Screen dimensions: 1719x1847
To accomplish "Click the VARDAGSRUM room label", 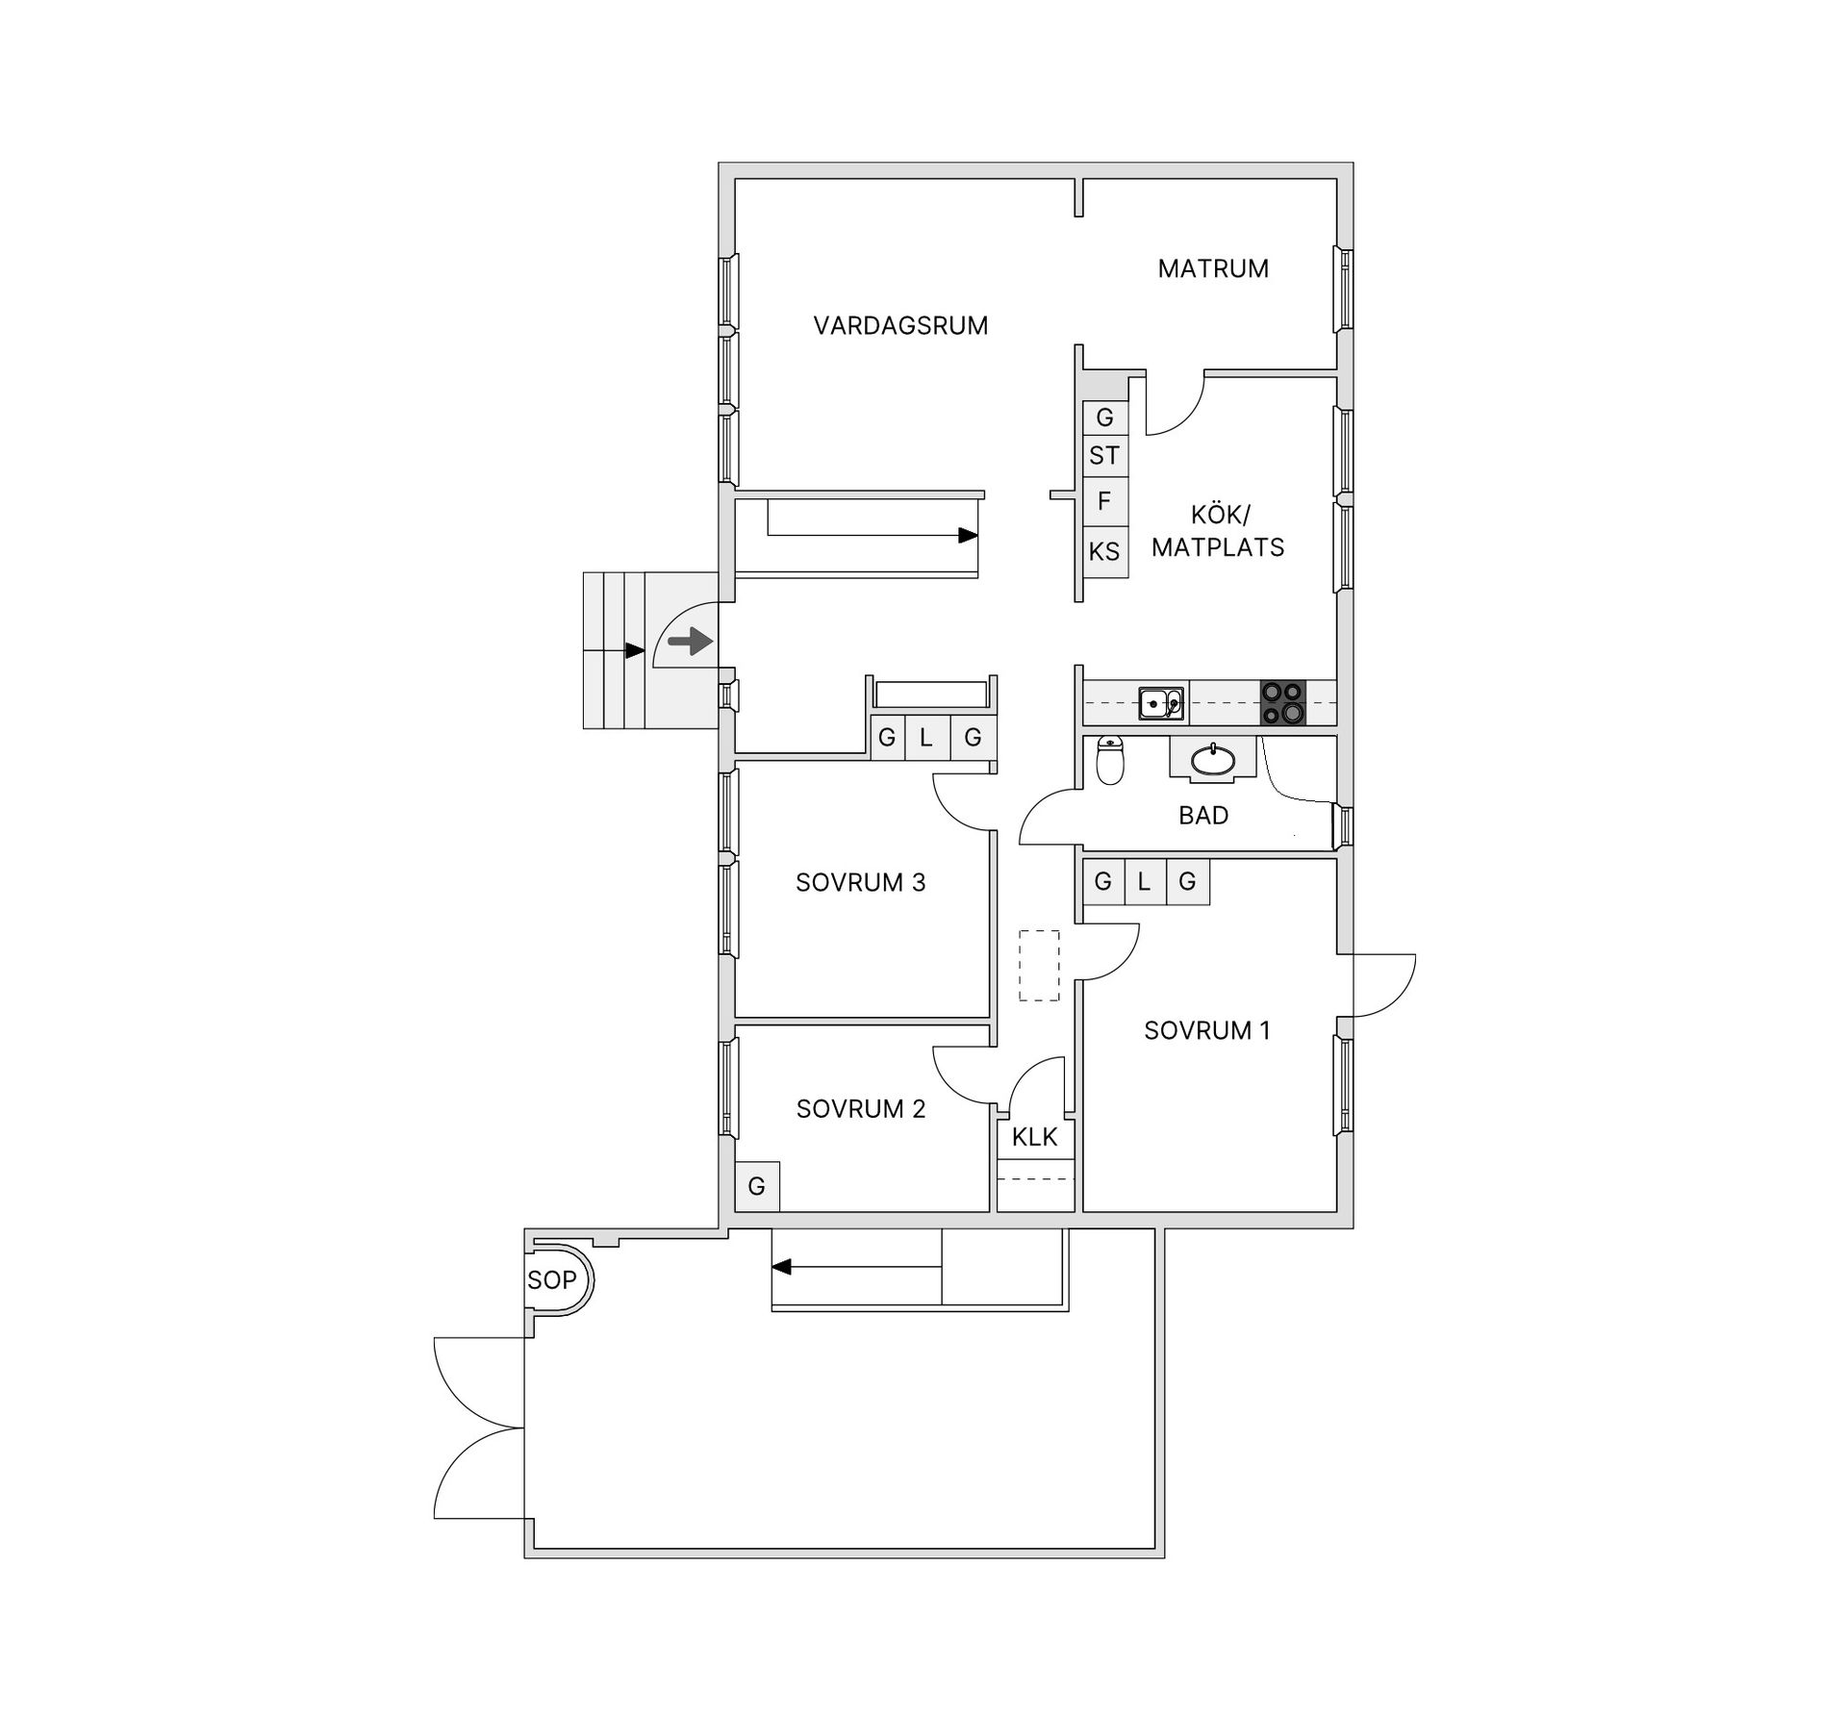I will point(900,326).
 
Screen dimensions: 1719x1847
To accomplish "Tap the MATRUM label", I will point(1213,268).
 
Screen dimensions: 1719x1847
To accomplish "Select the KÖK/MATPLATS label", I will point(1218,531).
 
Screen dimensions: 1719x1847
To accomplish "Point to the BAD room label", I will point(1203,816).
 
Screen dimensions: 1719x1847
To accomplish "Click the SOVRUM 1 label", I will point(1207,1030).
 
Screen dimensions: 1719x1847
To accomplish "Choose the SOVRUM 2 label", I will point(861,1109).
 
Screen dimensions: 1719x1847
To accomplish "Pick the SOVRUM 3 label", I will point(861,882).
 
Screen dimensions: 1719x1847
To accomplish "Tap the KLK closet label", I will point(1034,1137).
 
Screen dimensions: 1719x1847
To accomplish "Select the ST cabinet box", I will point(1104,456).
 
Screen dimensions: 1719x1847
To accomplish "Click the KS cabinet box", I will point(1104,552).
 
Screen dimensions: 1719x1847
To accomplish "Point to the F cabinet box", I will point(1104,501).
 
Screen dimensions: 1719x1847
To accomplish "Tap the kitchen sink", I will point(1161,703).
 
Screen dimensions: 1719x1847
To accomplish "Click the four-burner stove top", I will point(1283,702).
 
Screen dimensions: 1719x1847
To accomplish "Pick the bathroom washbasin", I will point(1213,760).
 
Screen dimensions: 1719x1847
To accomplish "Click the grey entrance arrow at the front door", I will point(690,642).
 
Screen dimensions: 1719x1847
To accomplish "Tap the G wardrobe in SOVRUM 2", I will point(757,1186).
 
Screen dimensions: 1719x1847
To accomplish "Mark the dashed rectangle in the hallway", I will point(1039,966).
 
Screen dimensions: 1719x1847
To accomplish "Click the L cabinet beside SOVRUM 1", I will point(1144,881).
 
